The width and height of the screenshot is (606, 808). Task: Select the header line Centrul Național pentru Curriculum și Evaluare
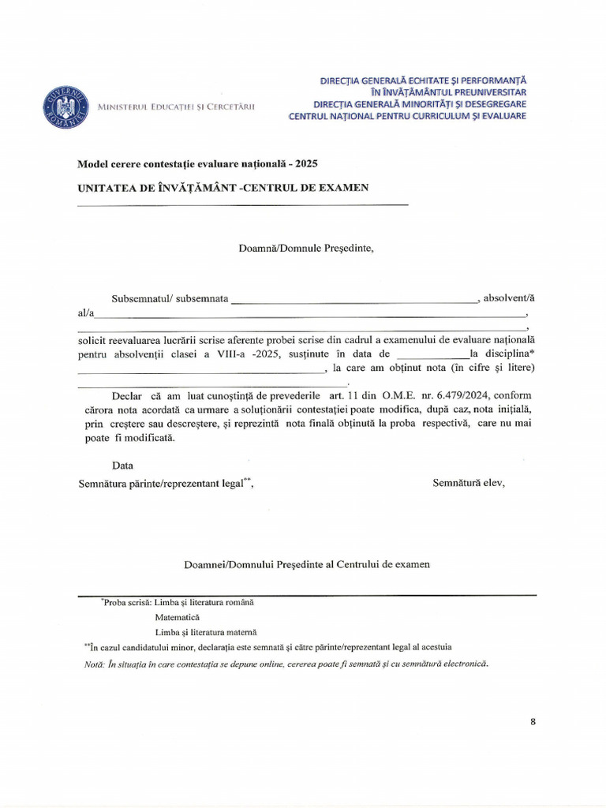(x=407, y=116)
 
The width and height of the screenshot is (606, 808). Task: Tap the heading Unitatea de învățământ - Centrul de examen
(x=223, y=187)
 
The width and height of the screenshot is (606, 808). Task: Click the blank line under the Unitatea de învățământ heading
(x=242, y=204)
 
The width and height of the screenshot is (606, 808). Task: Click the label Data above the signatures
(x=122, y=466)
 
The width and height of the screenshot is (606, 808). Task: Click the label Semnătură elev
(x=469, y=483)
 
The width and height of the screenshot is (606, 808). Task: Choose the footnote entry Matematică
(x=178, y=617)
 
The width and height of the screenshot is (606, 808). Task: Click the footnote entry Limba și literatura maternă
(x=206, y=632)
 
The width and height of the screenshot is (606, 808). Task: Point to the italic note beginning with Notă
(x=286, y=664)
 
